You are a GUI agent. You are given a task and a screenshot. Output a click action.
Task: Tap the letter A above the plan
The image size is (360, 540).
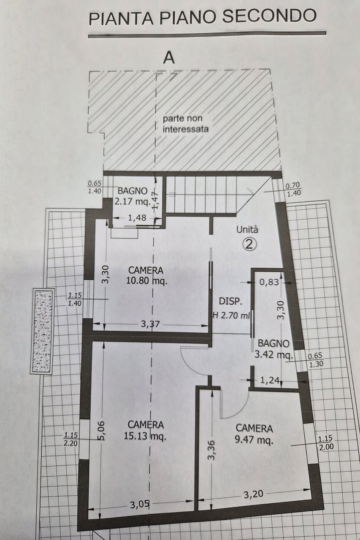click(x=169, y=57)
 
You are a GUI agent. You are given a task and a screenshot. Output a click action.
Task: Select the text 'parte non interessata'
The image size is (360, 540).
click(x=186, y=124)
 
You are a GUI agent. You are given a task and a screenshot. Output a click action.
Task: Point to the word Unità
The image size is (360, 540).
click(x=247, y=230)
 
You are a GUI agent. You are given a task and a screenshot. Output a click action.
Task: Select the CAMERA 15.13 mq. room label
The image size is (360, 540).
click(x=146, y=430)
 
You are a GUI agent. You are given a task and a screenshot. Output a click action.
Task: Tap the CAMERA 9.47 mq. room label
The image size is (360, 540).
click(x=254, y=434)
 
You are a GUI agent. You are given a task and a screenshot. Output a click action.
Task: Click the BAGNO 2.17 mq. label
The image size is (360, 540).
click(x=133, y=196)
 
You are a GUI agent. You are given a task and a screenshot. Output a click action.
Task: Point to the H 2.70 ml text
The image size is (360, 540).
click(x=231, y=314)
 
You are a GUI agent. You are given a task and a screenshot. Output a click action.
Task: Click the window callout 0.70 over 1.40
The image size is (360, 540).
click(x=293, y=189)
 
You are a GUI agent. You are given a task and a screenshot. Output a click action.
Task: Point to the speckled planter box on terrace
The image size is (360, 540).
click(x=43, y=330)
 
